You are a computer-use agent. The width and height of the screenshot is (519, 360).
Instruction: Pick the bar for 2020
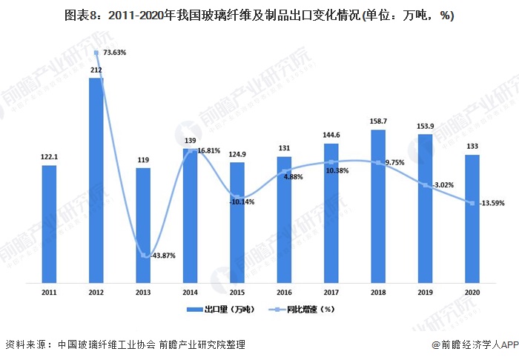(x=472, y=218)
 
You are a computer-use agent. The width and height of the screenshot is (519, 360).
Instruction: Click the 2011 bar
(x=49, y=223)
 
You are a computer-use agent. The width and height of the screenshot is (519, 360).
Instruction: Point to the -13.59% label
(x=491, y=203)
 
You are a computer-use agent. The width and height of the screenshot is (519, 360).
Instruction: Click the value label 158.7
(x=378, y=121)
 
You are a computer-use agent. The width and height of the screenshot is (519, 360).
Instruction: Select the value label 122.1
(x=49, y=157)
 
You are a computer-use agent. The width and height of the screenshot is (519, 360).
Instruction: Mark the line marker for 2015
(x=237, y=196)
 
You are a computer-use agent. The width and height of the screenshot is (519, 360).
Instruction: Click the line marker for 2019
(x=425, y=185)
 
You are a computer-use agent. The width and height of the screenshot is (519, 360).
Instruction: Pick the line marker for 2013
(x=143, y=256)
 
